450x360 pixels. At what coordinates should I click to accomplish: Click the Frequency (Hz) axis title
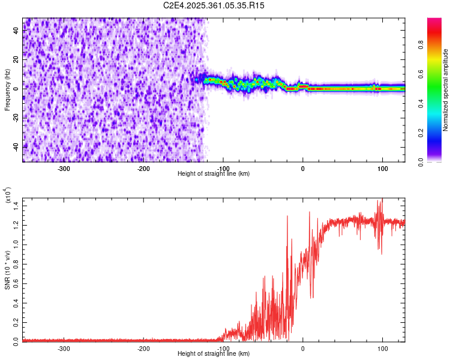tap(7, 90)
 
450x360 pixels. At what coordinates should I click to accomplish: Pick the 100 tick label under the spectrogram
tap(382, 167)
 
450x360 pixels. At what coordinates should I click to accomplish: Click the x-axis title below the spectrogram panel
tap(214, 173)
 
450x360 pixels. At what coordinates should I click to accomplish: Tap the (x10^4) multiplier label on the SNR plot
tap(8, 195)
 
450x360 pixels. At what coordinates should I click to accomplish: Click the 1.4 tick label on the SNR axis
tap(16, 205)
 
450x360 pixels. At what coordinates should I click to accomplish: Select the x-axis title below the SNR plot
tap(214, 354)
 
